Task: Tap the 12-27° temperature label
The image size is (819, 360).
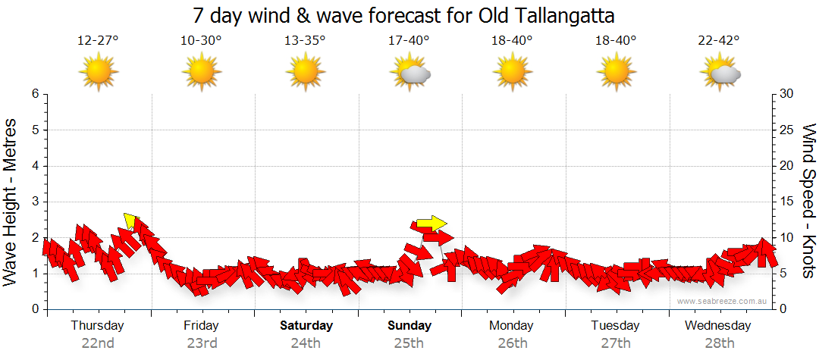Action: pos(98,41)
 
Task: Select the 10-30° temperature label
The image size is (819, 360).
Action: pos(201,41)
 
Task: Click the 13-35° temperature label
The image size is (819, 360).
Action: pos(305,41)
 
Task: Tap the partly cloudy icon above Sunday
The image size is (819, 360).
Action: pos(409,73)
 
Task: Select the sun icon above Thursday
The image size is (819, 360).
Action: pos(98,73)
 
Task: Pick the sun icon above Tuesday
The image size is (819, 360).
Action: pos(617,73)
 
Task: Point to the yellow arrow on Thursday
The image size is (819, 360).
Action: pos(130,221)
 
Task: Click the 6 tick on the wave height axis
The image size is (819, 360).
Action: pos(35,94)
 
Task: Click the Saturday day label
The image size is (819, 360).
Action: pos(306,326)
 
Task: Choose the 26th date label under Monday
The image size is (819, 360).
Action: pos(513,343)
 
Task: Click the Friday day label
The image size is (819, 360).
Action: pos(201,326)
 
